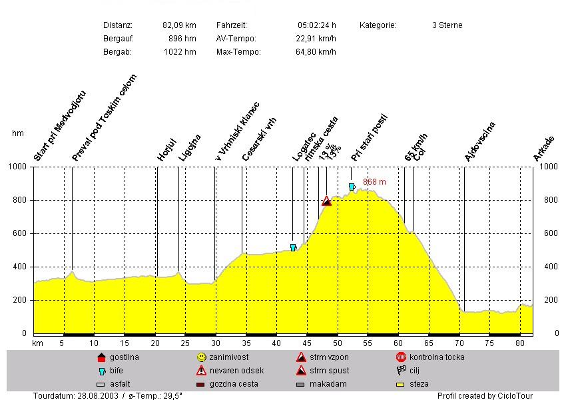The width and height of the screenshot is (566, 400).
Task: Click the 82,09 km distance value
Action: click(179, 25)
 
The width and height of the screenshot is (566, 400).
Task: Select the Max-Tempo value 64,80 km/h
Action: click(316, 52)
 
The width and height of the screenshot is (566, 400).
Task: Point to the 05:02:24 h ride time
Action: click(316, 25)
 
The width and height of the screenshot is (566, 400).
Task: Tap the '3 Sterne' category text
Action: click(447, 25)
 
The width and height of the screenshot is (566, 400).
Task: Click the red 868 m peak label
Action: click(375, 182)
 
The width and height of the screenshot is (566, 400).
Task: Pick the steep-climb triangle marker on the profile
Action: click(326, 201)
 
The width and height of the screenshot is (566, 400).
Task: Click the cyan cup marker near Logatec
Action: click(293, 247)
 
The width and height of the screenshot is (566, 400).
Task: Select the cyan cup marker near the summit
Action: click(352, 187)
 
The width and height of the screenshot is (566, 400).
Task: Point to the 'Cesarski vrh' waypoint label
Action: click(259, 139)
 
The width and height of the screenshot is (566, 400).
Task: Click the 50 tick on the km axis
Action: click(338, 343)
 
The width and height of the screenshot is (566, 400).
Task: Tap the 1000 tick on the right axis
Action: click(550, 167)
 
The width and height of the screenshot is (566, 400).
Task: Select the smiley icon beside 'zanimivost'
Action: click(202, 357)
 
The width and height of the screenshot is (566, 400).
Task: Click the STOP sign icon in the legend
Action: click(401, 357)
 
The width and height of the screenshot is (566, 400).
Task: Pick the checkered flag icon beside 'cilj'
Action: click(401, 370)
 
